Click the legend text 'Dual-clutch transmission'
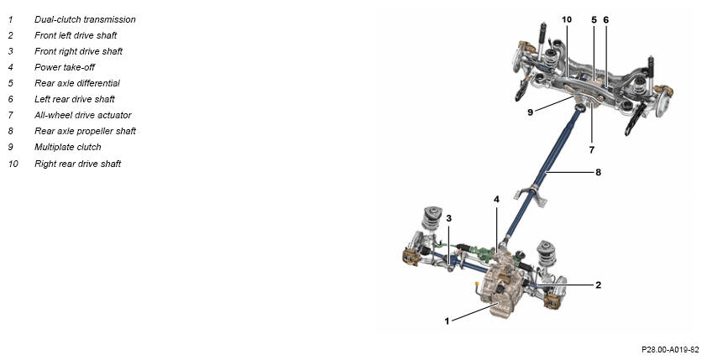(85, 19)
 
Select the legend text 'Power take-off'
(65, 67)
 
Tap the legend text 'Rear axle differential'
(77, 83)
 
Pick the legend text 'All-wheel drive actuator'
(83, 115)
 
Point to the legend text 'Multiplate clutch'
(68, 147)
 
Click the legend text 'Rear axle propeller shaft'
(85, 131)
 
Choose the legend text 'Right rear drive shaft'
(77, 164)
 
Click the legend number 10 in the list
(13, 164)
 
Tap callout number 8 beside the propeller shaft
(598, 172)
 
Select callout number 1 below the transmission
(447, 321)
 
